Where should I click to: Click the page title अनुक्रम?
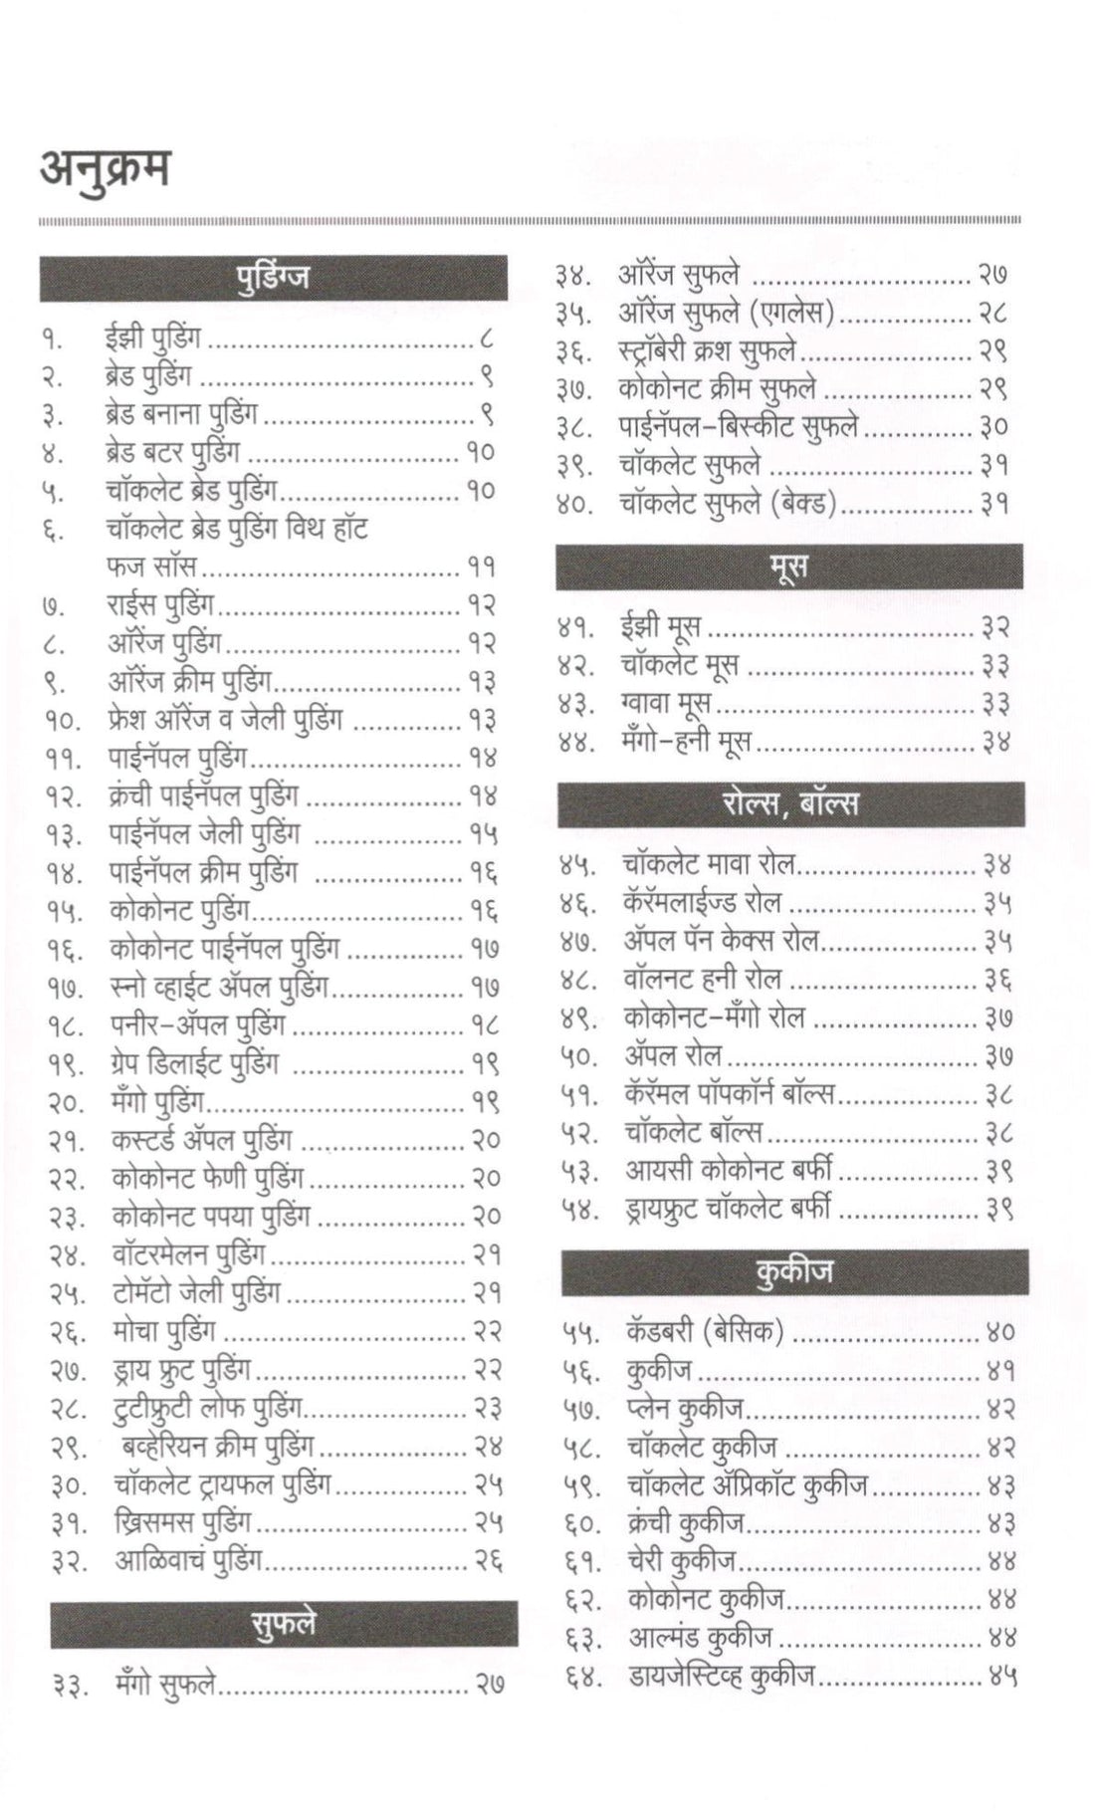tap(105, 169)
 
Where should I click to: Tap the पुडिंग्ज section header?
tap(273, 277)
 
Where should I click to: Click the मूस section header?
tap(788, 566)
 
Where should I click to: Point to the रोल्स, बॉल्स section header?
tap(790, 803)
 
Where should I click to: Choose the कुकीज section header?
tap(793, 1271)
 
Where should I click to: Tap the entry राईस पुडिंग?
tap(160, 603)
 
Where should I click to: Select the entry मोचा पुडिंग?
tap(163, 1330)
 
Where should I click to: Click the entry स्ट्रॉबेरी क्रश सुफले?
tap(707, 349)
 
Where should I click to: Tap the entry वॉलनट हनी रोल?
tap(702, 979)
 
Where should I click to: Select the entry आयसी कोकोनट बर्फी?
tap(729, 1170)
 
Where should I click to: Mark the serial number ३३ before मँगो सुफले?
tap(70, 1686)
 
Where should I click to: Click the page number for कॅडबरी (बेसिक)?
tap(999, 1331)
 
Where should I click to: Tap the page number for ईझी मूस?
tap(995, 626)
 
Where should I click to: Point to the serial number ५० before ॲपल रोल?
tap(578, 1055)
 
